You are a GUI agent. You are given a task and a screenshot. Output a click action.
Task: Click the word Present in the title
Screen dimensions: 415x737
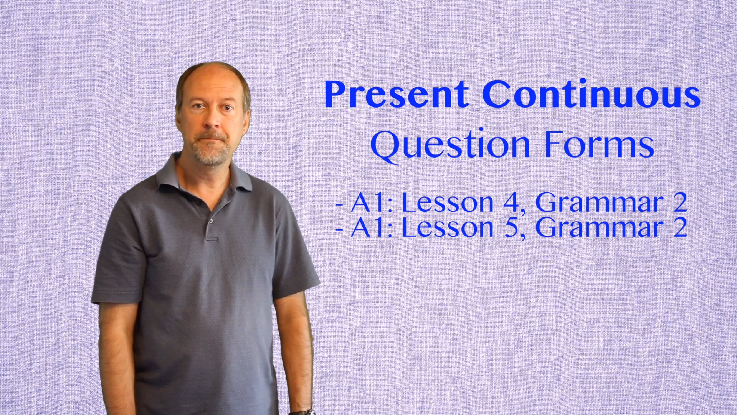point(396,95)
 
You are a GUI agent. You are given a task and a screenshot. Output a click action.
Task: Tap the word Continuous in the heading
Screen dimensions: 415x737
point(591,95)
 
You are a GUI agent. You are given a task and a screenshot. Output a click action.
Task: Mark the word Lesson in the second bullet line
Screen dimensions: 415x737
point(447,227)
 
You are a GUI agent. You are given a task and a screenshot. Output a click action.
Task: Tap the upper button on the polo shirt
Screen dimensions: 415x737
point(211,221)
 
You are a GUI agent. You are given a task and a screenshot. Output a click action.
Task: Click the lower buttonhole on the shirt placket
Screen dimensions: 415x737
point(212,239)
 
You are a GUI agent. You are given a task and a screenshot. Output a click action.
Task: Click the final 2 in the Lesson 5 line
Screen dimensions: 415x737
point(679,227)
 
